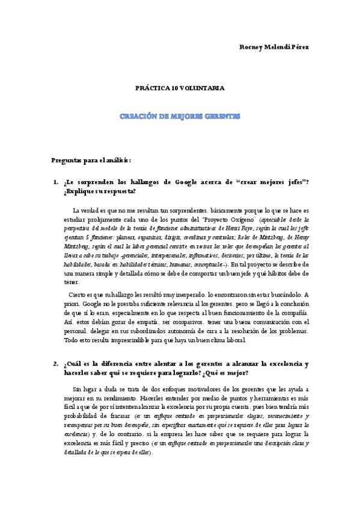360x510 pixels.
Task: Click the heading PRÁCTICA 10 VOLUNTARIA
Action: point(180,88)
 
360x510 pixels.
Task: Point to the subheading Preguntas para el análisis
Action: point(91,160)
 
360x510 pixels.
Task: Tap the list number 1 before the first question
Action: point(55,182)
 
